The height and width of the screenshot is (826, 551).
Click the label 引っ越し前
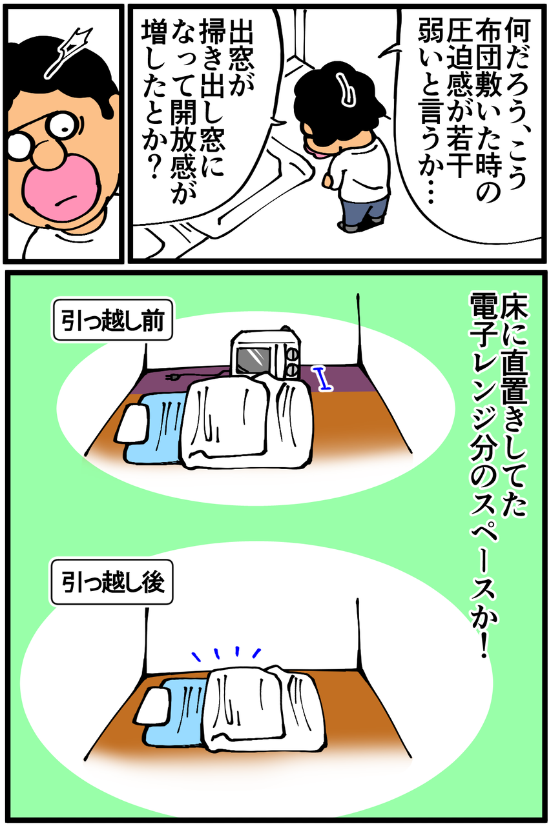[112, 319]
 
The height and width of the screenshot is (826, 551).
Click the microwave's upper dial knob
[293, 356]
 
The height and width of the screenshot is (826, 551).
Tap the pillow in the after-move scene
[151, 706]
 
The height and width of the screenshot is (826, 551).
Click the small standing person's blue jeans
[364, 212]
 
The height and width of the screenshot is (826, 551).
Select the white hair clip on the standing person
[346, 91]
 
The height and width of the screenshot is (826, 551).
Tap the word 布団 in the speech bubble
[488, 45]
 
